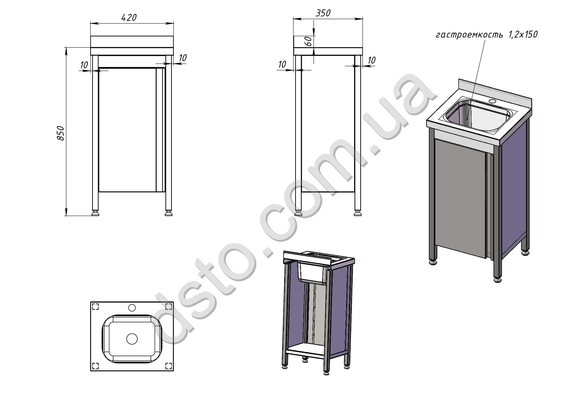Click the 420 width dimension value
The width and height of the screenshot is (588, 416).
pyautogui.click(x=129, y=18)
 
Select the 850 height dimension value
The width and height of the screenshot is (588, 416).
pyautogui.click(x=60, y=133)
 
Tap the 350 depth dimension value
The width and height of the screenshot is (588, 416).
pyautogui.click(x=323, y=13)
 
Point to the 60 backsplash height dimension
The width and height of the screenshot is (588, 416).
pyautogui.click(x=309, y=41)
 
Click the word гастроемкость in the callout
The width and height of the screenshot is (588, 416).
pyautogui.click(x=469, y=35)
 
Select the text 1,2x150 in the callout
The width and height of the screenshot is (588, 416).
pyautogui.click(x=523, y=34)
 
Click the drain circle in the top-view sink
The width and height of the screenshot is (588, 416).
pyautogui.click(x=132, y=338)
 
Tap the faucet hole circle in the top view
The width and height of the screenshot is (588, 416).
pyautogui.click(x=132, y=308)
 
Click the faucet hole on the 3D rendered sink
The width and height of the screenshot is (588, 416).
pyautogui.click(x=492, y=102)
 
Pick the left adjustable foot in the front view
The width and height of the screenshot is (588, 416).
pyautogui.click(x=95, y=213)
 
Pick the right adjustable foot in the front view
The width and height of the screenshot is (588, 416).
pyautogui.click(x=169, y=213)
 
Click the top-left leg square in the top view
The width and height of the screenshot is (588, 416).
pyautogui.click(x=95, y=306)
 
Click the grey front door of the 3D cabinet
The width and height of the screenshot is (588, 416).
pyautogui.click(x=460, y=198)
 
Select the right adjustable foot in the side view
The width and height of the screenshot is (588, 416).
pyautogui.click(x=358, y=213)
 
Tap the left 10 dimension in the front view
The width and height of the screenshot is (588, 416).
pyautogui.click(x=84, y=65)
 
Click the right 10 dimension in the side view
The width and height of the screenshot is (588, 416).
pyautogui.click(x=372, y=60)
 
